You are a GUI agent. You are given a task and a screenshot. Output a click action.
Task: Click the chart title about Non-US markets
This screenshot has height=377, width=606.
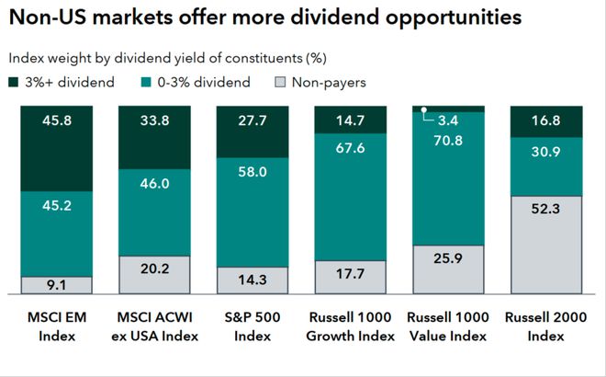[x=266, y=17]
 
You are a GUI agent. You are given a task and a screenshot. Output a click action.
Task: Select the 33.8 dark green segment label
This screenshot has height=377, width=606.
[x=153, y=120]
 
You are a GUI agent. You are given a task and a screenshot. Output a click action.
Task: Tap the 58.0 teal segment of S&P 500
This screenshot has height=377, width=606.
[x=252, y=172]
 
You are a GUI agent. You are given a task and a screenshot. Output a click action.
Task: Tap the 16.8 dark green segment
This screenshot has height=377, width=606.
[x=545, y=120]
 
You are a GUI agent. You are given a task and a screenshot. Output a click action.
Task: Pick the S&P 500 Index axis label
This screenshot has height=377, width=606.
[x=252, y=328]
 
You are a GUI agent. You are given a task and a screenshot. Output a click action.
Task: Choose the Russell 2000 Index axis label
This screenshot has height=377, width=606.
[x=545, y=328]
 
